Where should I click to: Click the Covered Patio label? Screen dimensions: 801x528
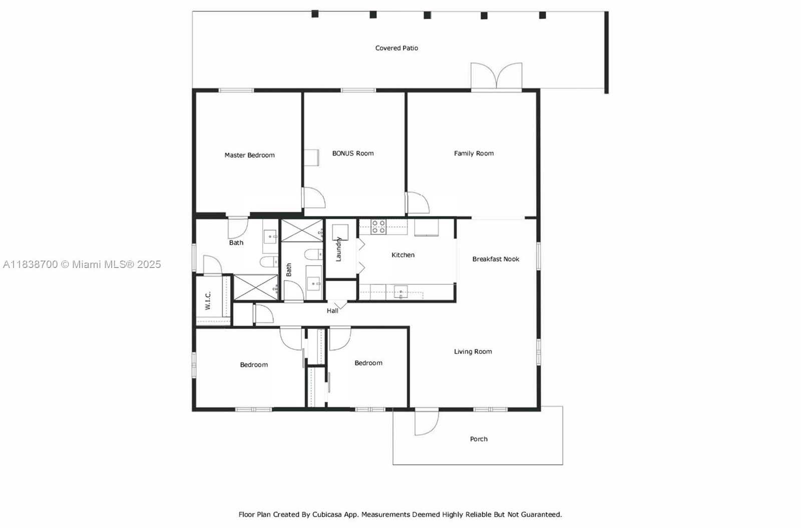point(396,48)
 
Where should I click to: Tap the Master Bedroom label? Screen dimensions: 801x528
point(250,155)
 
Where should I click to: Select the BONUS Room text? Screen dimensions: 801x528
point(353,153)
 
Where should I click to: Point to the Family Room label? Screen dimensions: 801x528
point(474,153)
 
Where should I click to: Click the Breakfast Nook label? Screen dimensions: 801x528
point(496,259)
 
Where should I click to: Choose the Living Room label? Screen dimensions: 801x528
point(473,351)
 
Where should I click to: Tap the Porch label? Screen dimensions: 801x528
point(479,439)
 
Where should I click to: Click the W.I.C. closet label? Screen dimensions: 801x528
point(208,300)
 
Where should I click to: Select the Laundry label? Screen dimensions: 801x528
point(338,249)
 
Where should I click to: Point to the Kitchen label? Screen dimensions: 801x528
point(403,254)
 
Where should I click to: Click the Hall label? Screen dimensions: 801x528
point(332,311)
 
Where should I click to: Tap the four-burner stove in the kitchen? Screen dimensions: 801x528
point(378,227)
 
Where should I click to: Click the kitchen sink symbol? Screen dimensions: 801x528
point(400,292)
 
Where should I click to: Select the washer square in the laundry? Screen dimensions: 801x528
point(340,232)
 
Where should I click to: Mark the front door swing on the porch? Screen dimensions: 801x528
point(426,423)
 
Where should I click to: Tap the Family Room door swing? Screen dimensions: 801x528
point(418,203)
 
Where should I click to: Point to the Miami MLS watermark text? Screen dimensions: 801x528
point(82,264)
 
